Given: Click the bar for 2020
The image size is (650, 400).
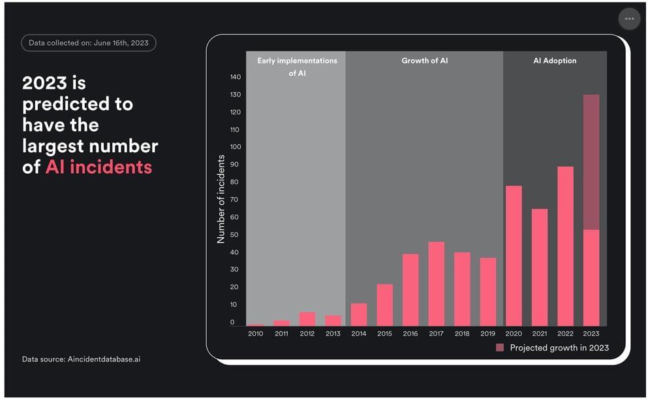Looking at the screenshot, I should point(514,256).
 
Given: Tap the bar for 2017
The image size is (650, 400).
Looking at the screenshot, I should point(436,284).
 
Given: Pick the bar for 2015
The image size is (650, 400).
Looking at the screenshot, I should point(384,305).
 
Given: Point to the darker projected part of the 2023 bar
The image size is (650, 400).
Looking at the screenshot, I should point(591,162).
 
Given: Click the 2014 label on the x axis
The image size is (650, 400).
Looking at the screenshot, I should point(359,333).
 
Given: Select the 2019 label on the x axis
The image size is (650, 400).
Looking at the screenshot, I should point(487,333).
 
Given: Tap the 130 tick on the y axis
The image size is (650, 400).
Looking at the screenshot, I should point(235,95).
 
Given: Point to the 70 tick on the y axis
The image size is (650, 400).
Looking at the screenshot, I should point(235,199).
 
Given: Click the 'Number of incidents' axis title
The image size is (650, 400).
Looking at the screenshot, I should point(221,199).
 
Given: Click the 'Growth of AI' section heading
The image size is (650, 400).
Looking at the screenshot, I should point(424,61).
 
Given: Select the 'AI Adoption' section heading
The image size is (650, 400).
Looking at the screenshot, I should point(555,61).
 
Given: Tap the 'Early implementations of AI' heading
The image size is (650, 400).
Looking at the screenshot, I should point(297,67).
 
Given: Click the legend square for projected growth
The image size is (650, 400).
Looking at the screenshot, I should point(500,348).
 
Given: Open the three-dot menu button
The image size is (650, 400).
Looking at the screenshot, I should point(629,19).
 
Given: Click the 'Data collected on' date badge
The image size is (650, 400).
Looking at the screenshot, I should point(89,43).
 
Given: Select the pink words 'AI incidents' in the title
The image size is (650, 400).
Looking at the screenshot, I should point(99,167).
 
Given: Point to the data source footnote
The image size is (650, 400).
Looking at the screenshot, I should point(81,359).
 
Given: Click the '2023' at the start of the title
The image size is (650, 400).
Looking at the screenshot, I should point(44,83).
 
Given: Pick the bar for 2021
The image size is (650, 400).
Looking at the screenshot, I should point(540,267).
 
